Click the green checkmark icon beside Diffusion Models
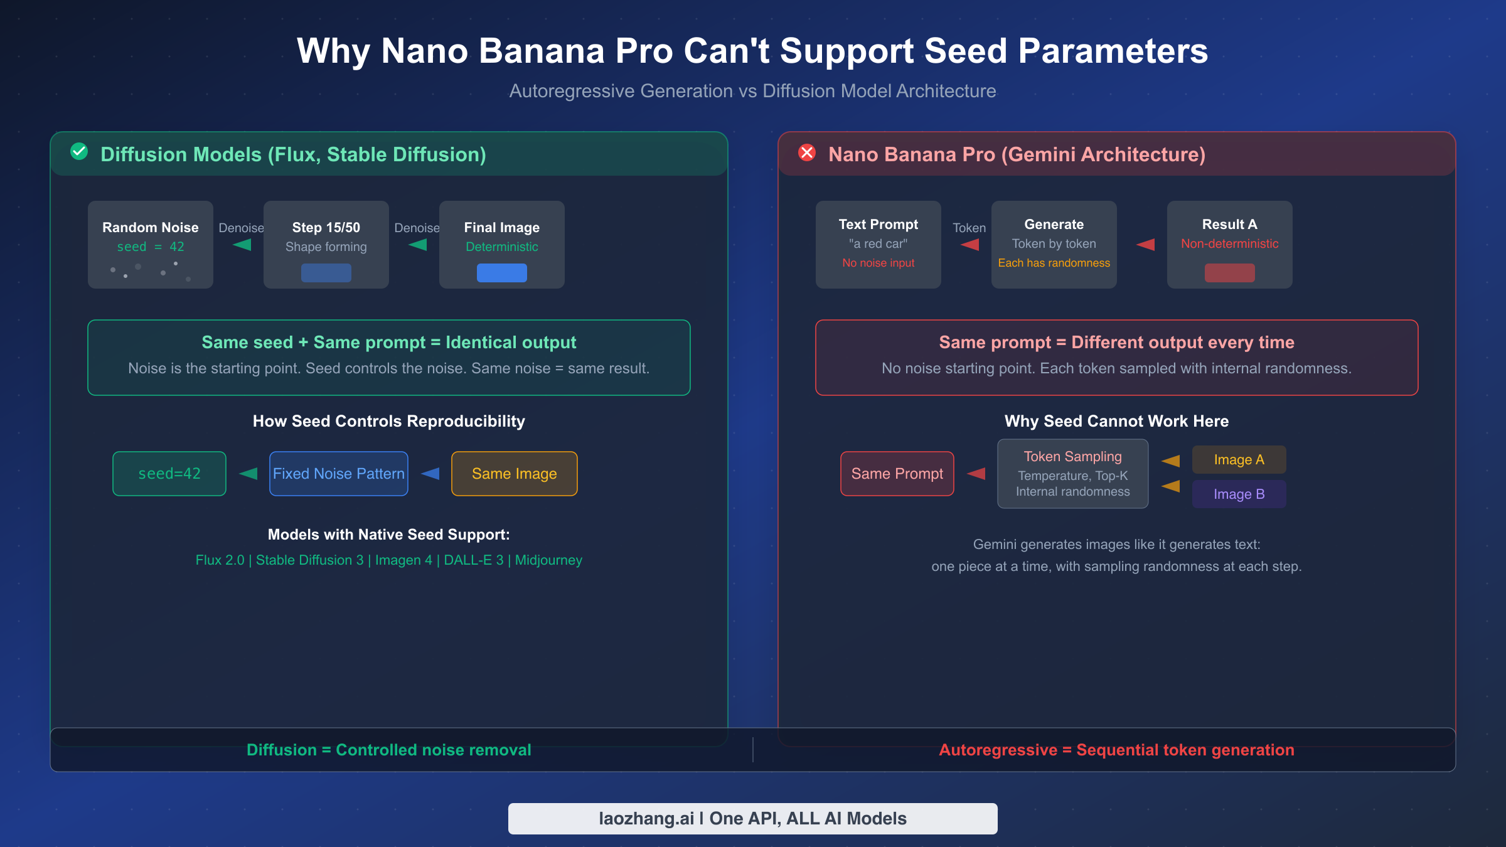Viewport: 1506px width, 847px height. pos(79,151)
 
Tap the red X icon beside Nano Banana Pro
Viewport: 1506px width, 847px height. pos(807,152)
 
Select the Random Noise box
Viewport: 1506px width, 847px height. pos(151,245)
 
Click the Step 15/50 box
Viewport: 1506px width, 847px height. pos(326,245)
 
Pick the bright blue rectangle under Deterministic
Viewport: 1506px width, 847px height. pos(502,273)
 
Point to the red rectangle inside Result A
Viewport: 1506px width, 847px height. pos(1230,273)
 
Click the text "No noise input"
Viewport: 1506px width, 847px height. pos(878,263)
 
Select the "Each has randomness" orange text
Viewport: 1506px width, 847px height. pos(1054,263)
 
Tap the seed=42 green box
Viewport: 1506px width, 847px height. pos(169,474)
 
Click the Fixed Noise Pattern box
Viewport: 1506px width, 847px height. pos(339,474)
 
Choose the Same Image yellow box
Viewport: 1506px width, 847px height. pos(515,474)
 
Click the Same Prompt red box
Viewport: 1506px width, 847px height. pos(897,474)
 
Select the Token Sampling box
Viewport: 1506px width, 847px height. pos(1073,474)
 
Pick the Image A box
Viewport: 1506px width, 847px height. pos(1239,460)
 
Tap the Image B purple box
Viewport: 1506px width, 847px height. pos(1239,494)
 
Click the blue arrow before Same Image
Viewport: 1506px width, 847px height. pos(430,474)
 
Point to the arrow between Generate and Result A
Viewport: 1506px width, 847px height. pos(1146,245)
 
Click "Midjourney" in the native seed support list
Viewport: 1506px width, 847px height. pos(548,560)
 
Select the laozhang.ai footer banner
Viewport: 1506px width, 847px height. pos(753,819)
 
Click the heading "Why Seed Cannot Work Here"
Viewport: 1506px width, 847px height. pos(1117,421)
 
